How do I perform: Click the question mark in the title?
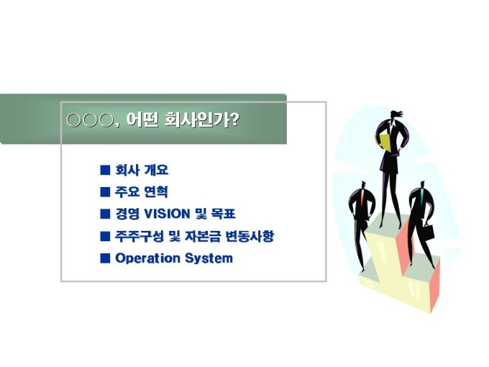point(234,119)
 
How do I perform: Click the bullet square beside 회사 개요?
point(105,170)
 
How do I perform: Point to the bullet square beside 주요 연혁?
point(105,192)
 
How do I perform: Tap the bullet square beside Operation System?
point(105,258)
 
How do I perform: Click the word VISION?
point(167,214)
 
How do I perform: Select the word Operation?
point(147,259)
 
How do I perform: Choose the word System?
point(209,259)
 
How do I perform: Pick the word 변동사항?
point(250,236)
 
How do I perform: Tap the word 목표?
point(224,214)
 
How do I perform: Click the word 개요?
point(156,170)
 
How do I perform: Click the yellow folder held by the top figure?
point(383,142)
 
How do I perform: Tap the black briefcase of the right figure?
point(427,231)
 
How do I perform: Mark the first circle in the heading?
point(74,120)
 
